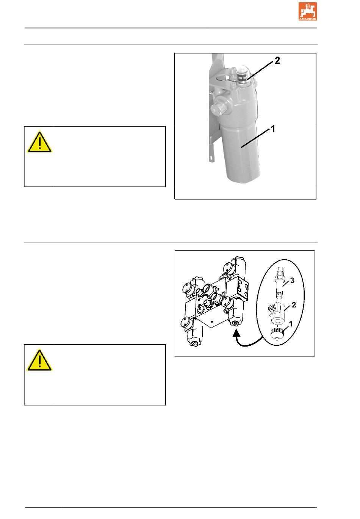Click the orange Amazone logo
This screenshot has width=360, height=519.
click(307, 11)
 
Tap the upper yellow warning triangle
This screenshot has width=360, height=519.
click(39, 142)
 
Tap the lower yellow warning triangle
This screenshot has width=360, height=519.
click(39, 361)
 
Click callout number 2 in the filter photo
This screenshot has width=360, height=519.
click(277, 61)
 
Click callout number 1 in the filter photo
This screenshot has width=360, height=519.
click(273, 129)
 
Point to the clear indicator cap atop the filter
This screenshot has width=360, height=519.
click(242, 73)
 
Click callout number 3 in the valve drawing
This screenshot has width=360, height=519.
click(292, 281)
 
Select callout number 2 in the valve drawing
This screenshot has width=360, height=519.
click(294, 305)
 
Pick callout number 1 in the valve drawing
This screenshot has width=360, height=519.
click(291, 324)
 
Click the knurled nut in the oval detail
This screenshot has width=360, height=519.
click(277, 334)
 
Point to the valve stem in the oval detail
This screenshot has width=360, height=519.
click(280, 283)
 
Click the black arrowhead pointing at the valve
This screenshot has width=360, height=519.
click(236, 333)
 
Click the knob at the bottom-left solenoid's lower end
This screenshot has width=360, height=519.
click(193, 342)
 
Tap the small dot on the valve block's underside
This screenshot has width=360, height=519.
click(212, 321)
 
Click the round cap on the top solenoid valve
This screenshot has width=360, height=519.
click(228, 268)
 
